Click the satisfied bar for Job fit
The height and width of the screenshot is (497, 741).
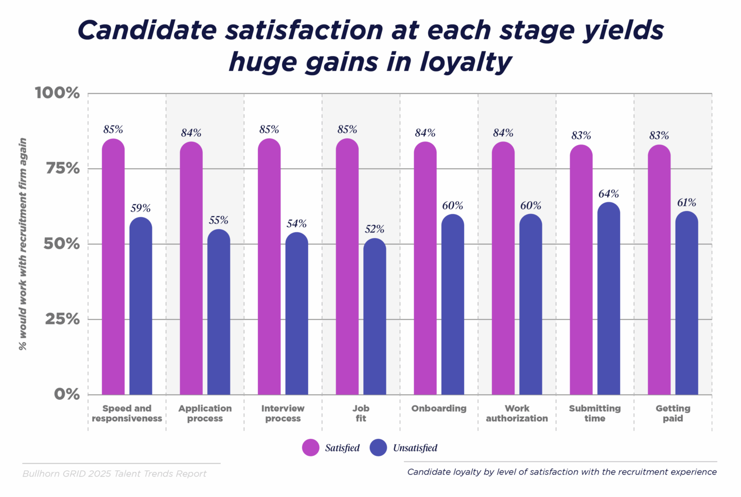click(347, 268)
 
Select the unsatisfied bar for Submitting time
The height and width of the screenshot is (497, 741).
click(609, 298)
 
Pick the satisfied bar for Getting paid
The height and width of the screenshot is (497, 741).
click(659, 270)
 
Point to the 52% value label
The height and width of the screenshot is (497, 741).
click(375, 229)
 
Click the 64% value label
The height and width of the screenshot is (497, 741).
click(609, 194)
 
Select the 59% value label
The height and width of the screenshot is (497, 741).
click(140, 208)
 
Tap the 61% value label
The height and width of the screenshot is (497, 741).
click(686, 203)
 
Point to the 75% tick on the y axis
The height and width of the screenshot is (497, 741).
click(63, 168)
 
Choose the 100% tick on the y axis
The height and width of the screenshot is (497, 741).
click(58, 93)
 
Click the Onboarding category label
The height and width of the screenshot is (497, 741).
click(439, 409)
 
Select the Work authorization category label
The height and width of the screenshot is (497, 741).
click(517, 413)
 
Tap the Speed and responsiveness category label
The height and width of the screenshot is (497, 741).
click(127, 413)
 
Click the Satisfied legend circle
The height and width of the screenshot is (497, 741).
click(311, 448)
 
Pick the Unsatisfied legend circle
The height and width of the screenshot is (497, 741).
click(378, 448)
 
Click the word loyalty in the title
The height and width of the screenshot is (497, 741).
click(466, 62)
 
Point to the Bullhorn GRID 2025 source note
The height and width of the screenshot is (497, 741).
click(114, 474)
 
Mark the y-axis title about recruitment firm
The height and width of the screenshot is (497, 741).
click(23, 244)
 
